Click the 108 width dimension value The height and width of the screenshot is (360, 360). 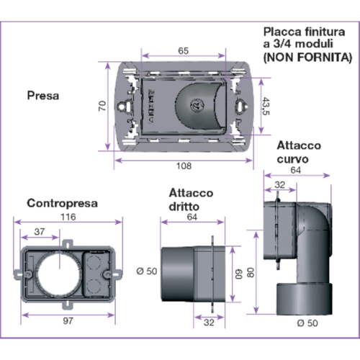184,166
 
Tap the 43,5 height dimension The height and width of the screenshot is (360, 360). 266,106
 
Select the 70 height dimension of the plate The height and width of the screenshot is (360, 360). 102,106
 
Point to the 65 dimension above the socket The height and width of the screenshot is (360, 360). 184,51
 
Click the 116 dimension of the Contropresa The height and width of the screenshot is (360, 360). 68,217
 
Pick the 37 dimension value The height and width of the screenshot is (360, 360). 40,232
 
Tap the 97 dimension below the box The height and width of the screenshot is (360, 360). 68,320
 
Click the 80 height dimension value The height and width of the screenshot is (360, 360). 251,273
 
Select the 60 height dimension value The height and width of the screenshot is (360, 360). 239,274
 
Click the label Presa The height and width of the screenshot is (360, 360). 43,96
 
